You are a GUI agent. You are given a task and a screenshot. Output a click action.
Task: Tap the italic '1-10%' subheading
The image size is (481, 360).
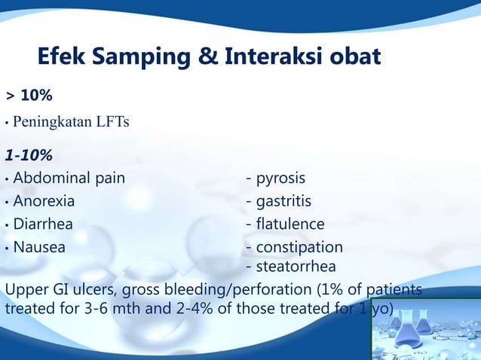29,157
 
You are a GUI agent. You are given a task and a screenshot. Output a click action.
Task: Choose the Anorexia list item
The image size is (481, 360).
44,202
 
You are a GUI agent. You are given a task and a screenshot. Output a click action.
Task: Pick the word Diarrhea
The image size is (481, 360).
43,224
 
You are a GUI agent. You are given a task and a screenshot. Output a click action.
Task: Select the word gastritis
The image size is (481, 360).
283,202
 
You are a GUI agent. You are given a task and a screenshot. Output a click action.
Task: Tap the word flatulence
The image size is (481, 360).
290,224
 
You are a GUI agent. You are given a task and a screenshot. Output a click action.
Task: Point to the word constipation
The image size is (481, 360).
299,247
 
